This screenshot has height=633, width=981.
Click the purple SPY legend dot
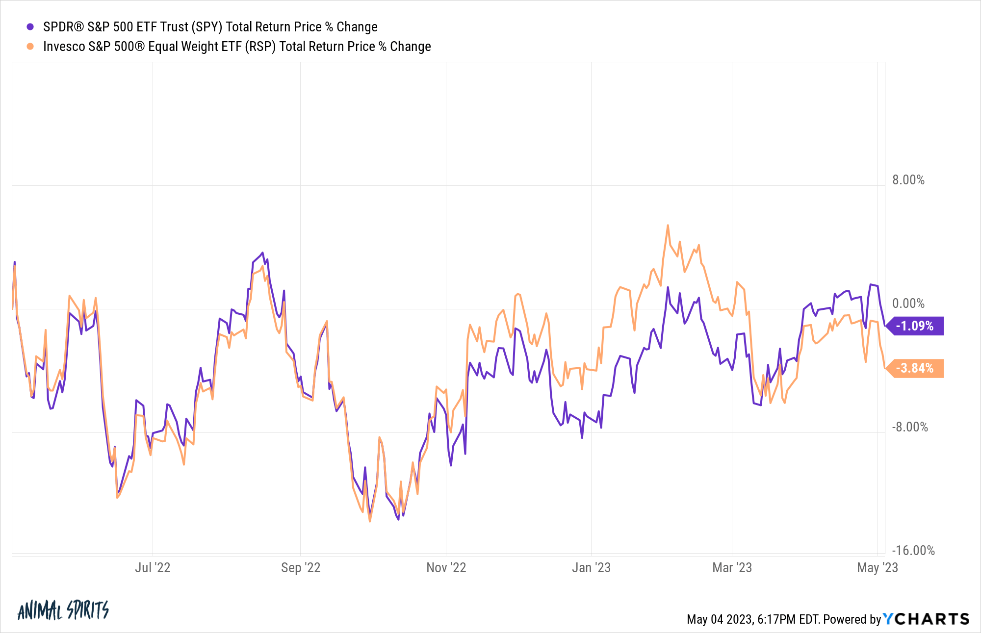[30, 27]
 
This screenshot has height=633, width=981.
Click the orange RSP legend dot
[30, 47]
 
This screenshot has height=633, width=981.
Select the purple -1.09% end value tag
[915, 326]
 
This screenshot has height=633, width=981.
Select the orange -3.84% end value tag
[915, 368]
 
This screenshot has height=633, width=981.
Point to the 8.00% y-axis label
[908, 180]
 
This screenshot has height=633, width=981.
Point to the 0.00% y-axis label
[908, 304]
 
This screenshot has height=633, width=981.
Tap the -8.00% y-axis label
[909, 427]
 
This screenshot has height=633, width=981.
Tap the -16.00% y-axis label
[912, 550]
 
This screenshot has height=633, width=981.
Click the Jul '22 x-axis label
[153, 568]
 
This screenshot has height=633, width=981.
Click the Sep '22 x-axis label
[300, 568]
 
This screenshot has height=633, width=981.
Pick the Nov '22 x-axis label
[446, 568]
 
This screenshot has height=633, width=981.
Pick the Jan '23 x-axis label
[591, 568]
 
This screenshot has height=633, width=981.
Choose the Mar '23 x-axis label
[732, 568]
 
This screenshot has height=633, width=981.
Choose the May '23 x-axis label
[877, 568]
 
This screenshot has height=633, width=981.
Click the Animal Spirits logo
[63, 610]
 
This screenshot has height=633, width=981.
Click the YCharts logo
[926, 619]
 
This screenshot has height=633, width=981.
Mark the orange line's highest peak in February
[668, 226]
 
